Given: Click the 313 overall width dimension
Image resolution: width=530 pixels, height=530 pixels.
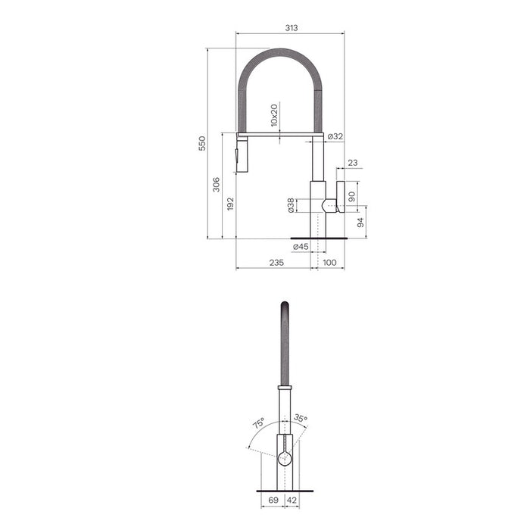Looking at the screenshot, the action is [x=291, y=28].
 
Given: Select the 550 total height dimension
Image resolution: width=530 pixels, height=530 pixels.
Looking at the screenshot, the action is [x=202, y=143].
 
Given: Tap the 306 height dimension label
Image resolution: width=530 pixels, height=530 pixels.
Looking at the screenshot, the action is [x=216, y=185].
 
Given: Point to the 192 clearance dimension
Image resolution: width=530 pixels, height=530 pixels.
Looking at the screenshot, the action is [x=230, y=204].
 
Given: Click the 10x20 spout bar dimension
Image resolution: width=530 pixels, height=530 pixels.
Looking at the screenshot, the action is [x=274, y=115].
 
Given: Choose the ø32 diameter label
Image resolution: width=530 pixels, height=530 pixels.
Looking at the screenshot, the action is [x=335, y=136].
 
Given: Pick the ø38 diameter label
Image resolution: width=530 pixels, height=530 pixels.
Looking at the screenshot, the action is [x=291, y=205].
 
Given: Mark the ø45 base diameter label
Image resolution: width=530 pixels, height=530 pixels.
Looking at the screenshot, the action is [x=301, y=247].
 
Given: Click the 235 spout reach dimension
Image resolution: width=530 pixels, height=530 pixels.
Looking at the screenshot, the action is [x=276, y=263].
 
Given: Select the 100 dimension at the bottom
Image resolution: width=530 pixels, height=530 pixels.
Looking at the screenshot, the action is [x=329, y=263].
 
